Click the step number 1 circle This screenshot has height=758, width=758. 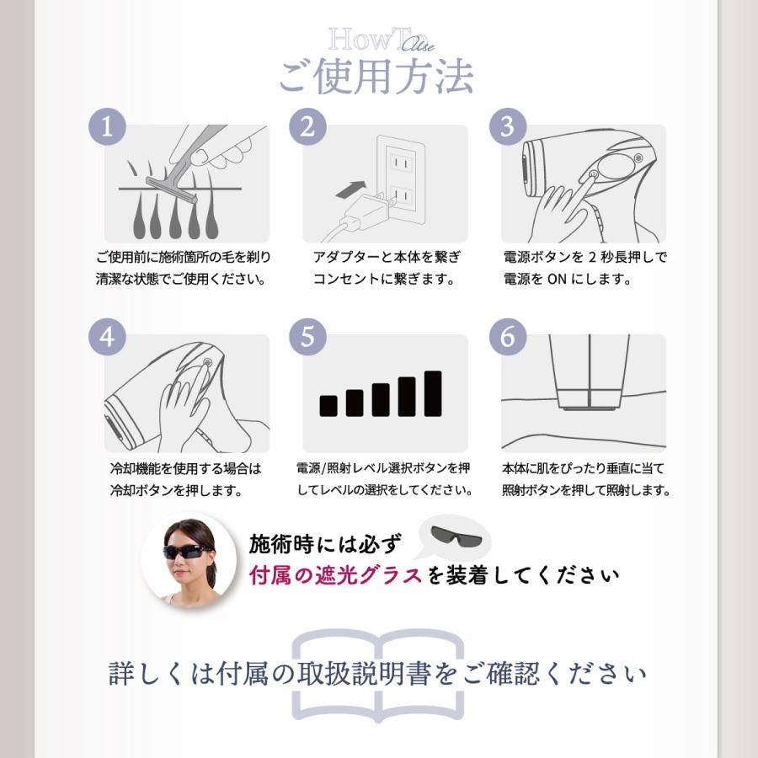pos(107,127)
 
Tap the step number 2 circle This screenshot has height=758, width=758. pos(307,127)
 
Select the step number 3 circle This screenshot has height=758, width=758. pos(507,127)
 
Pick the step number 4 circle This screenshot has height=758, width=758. pos(107,337)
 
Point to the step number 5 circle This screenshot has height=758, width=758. pos(307,337)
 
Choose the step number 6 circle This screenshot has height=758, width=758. pos(507,337)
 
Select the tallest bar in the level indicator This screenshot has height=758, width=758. pos(433,393)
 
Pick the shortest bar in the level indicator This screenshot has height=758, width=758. pos(328,405)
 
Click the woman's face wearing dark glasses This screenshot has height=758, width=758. pos(188,553)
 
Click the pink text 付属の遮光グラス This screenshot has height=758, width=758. pos(336,576)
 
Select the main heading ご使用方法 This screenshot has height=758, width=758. pos(376,77)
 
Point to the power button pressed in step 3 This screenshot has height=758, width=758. pos(593,175)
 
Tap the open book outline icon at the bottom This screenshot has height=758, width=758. pos(378,674)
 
